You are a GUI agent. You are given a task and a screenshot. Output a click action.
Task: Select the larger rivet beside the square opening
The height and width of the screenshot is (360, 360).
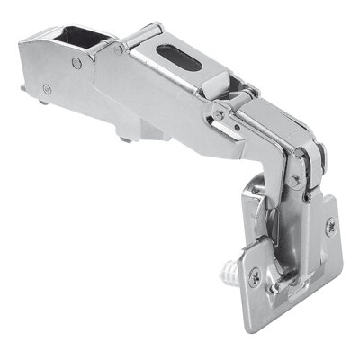[x=76, y=63]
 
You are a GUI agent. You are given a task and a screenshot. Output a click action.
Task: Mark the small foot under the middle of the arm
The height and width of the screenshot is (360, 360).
[x=127, y=138]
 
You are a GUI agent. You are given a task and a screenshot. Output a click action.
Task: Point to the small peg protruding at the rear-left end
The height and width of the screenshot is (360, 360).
[x=22, y=87]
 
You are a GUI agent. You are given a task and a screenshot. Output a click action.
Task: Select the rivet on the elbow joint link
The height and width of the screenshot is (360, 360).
[x=295, y=180]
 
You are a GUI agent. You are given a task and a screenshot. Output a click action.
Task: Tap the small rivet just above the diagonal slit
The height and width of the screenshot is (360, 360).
[x=217, y=114]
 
